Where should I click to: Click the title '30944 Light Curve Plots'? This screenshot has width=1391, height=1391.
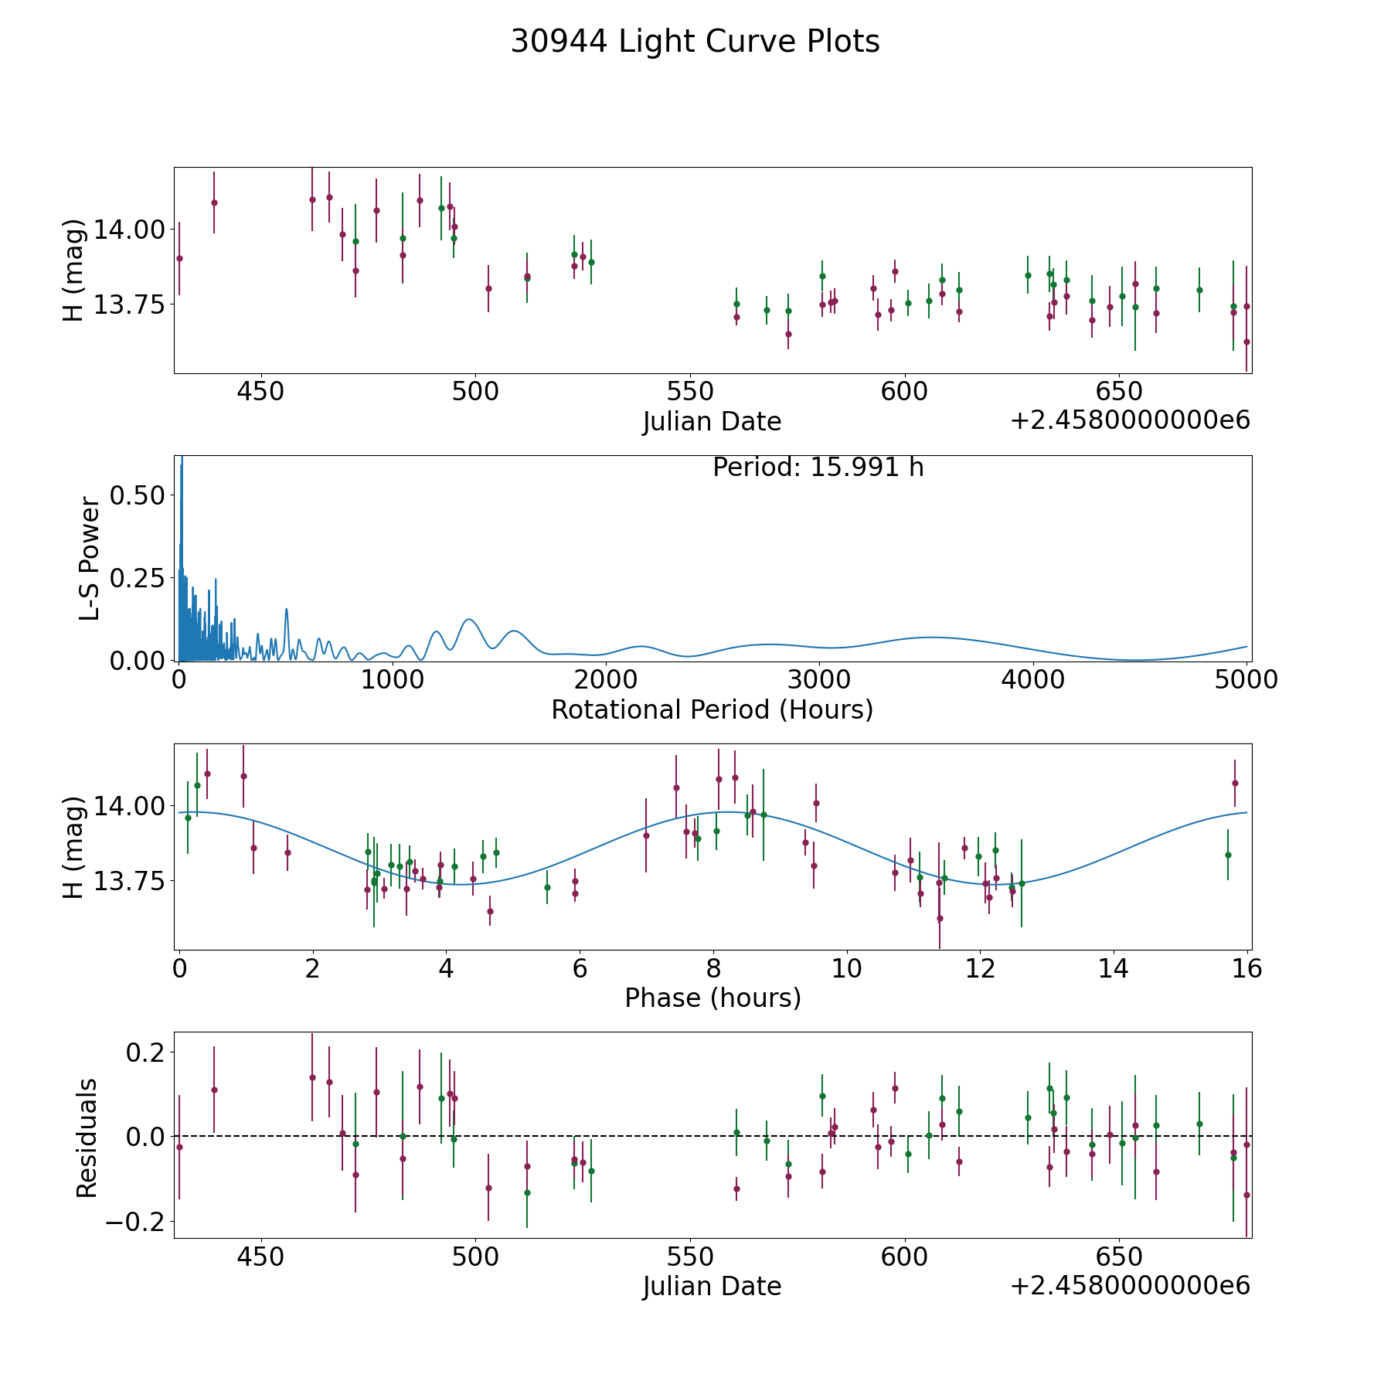pos(695,42)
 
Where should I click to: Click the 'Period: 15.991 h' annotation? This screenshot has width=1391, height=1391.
pos(818,468)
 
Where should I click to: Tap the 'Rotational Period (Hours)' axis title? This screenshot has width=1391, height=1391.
pos(712,709)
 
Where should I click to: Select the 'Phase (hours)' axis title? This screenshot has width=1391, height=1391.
pos(713,998)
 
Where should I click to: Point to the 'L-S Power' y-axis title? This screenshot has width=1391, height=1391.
pos(90,559)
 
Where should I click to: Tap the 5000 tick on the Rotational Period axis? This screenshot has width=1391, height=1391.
pos(1246,679)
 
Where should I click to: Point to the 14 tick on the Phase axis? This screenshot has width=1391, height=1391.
pos(1114,968)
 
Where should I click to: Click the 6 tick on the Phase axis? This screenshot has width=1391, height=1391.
pos(580,968)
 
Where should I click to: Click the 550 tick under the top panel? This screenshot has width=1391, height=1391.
pos(690,391)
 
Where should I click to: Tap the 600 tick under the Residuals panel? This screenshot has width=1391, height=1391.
pos(905,1257)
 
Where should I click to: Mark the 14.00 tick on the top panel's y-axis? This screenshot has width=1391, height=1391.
pos(129,230)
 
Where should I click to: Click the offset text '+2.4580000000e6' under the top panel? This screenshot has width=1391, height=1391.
pos(1130,420)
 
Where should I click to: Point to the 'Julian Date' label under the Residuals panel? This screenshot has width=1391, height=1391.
pos(712,1286)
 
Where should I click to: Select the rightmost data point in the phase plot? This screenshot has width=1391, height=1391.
pos(1235,783)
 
